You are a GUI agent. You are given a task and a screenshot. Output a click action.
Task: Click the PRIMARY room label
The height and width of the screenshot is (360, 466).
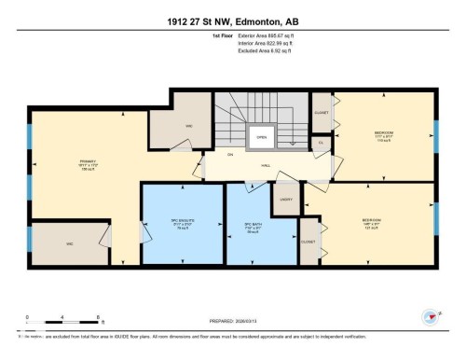88,161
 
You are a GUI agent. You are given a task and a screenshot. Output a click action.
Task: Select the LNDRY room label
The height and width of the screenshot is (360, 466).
285,198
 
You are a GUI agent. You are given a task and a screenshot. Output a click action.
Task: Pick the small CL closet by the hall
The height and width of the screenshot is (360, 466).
321,143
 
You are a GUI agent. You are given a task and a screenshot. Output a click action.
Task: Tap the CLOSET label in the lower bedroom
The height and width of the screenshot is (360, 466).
308,241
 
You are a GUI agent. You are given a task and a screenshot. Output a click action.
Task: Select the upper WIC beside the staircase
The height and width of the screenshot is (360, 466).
188,125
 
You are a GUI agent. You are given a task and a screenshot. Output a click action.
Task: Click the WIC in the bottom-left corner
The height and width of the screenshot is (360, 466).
69,244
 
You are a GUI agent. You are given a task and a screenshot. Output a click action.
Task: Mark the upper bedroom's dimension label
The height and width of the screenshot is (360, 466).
383,137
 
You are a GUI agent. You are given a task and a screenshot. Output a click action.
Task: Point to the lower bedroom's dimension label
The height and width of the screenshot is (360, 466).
370,225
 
